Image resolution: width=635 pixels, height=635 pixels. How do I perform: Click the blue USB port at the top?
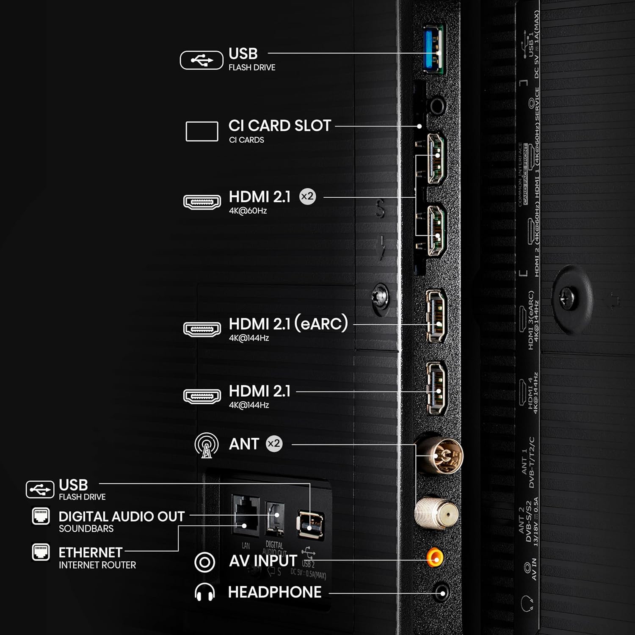coord(433,50)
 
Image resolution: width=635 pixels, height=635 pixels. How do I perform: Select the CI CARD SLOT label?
coord(279,126)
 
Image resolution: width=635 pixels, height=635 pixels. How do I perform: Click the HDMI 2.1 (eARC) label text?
coord(288,324)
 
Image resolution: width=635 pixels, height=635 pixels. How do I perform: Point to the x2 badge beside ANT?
coord(274,444)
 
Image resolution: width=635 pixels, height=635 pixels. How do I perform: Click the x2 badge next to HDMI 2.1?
coord(307,196)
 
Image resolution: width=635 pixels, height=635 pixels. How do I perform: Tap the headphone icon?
coord(204,592)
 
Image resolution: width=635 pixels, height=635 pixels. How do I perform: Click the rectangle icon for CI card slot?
coord(202,131)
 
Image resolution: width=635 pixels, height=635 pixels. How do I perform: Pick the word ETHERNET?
coord(90,552)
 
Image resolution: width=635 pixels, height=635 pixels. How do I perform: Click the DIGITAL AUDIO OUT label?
coord(121,516)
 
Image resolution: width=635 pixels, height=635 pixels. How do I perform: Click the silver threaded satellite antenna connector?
coord(436,513)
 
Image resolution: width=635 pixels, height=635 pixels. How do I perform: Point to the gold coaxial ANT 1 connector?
coord(440,455)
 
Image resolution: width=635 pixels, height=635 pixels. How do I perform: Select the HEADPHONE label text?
coord(275,592)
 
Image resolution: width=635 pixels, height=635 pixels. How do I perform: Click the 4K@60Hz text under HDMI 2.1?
coord(248,211)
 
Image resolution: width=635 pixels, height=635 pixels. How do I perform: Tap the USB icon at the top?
coord(202,60)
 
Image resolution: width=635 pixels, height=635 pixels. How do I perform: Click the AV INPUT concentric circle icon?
coord(204,562)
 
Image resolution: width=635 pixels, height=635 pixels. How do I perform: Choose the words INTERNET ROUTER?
coord(97,565)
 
